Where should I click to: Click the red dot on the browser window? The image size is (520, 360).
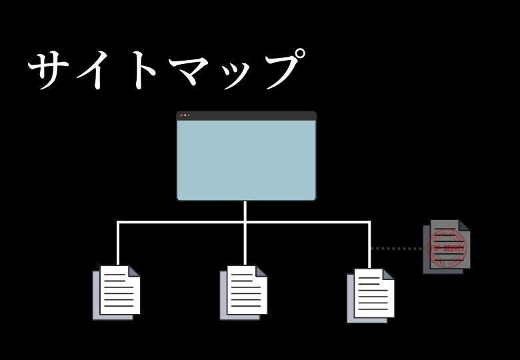click(181, 115)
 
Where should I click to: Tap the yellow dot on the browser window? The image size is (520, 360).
click(185, 115)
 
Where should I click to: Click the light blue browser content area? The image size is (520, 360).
click(247, 160)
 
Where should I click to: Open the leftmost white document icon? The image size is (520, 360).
click(119, 291)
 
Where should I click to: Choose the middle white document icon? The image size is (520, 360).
click(246, 291)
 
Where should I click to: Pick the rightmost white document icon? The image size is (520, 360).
click(373, 294)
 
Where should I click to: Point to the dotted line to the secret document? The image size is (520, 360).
click(396, 249)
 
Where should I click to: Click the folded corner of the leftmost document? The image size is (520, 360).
click(134, 271)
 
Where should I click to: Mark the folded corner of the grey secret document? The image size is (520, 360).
click(464, 225)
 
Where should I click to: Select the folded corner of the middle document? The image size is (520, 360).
click(261, 271)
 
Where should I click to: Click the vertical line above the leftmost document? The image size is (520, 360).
click(118, 243)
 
